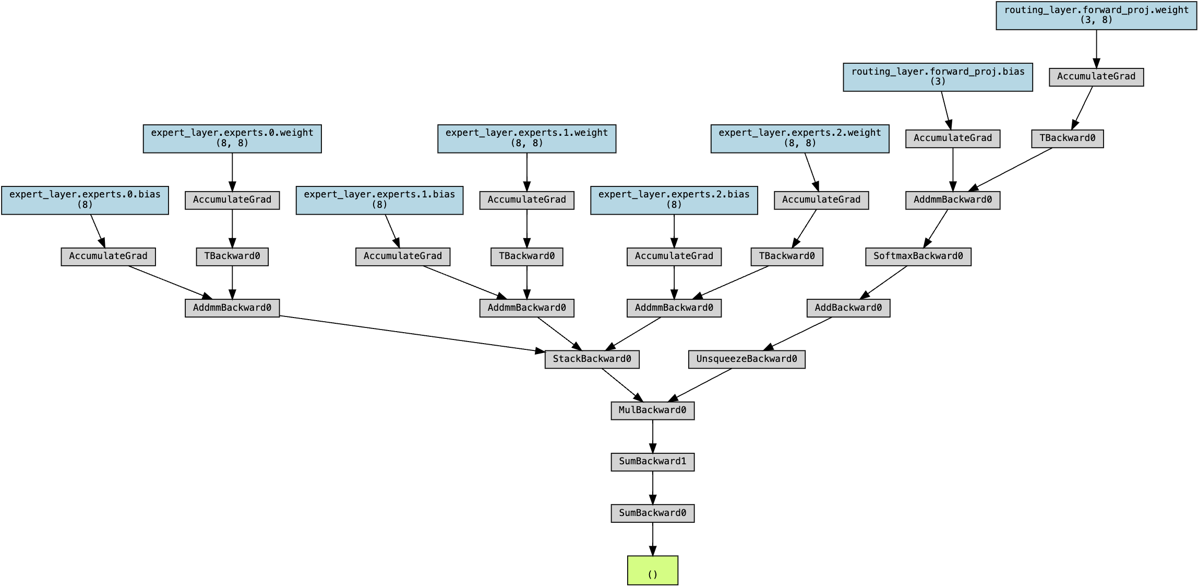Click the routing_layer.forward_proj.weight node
click(x=1096, y=15)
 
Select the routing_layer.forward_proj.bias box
click(x=938, y=77)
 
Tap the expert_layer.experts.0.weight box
click(x=232, y=138)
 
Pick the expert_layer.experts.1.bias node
click(x=379, y=200)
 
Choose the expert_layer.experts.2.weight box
click(x=799, y=138)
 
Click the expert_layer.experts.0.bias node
click(x=85, y=200)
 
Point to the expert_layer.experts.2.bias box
click(x=674, y=200)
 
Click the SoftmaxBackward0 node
click(x=918, y=256)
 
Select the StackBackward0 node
click(x=592, y=359)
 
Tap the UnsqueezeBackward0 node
click(x=746, y=359)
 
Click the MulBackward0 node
click(x=652, y=410)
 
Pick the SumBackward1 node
click(x=652, y=462)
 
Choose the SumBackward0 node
click(x=652, y=513)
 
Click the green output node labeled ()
click(x=652, y=570)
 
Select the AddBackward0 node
click(x=848, y=308)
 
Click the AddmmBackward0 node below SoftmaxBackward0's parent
click(x=952, y=200)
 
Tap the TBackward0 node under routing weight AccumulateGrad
click(x=1067, y=138)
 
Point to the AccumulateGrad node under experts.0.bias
click(x=108, y=256)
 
